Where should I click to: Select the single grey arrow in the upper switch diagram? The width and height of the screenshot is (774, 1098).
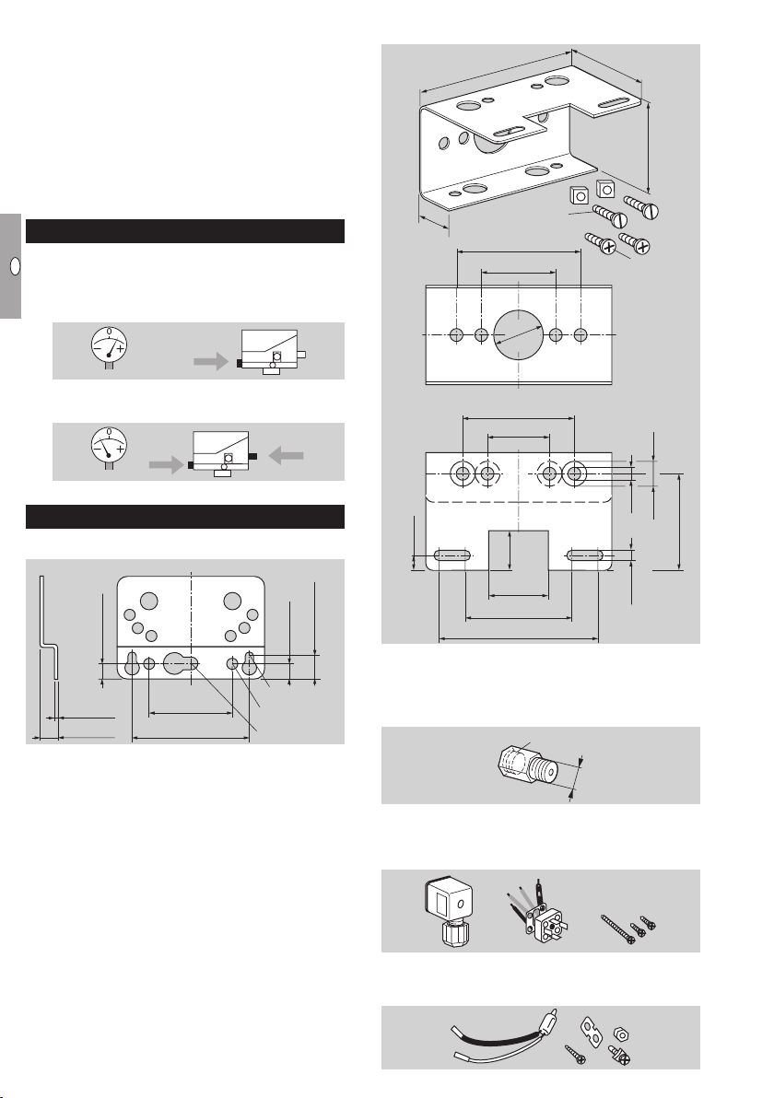(211, 361)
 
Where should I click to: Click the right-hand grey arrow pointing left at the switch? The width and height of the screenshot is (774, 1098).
(287, 456)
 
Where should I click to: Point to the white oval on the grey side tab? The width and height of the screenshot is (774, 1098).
(15, 267)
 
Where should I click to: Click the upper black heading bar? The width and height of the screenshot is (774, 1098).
(185, 231)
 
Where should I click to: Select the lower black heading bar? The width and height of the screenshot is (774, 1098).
(185, 517)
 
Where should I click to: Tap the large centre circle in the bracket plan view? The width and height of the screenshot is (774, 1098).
(519, 334)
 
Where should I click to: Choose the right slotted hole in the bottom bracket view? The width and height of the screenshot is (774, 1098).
(585, 555)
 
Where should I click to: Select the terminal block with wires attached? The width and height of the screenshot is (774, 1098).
(538, 914)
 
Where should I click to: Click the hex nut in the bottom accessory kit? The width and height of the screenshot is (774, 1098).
(621, 1034)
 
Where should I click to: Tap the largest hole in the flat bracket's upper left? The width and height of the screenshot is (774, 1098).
(148, 601)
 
